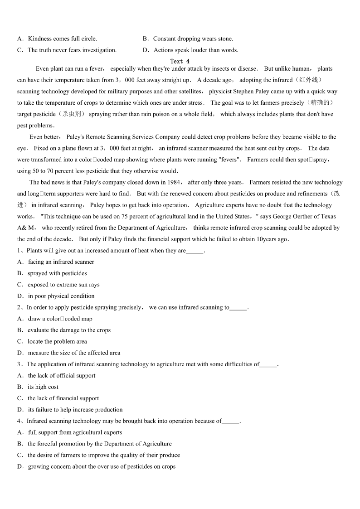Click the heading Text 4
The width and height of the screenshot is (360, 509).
coord(180,61)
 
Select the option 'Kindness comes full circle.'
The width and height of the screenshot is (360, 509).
coord(62,39)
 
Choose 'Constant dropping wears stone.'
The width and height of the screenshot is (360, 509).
coord(193,39)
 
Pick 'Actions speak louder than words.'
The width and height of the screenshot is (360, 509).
coord(195,50)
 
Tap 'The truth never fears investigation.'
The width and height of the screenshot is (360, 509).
coord(72,50)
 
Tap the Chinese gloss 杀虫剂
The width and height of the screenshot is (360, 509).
coord(72,114)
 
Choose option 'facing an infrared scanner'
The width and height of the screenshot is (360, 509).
coord(61,262)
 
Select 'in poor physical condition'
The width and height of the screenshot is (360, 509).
coord(61,296)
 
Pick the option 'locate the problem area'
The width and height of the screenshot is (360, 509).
coord(57,342)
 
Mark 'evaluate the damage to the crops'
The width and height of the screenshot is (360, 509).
coord(69,330)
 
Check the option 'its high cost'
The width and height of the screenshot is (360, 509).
coord(43,387)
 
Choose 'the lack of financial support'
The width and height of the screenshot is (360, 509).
coord(63,398)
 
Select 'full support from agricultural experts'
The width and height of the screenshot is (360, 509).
coord(75,432)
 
